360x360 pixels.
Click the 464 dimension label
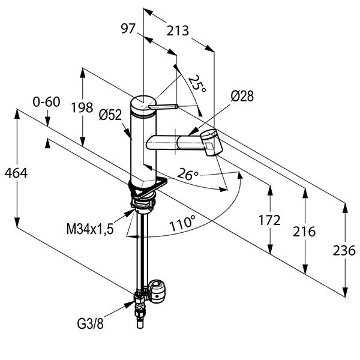pyautogui.click(x=16, y=173)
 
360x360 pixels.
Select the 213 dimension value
pyautogui.click(x=178, y=30)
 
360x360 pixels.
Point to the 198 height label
pyautogui.click(x=82, y=107)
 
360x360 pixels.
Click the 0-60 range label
pyautogui.click(x=46, y=101)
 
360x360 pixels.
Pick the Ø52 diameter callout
pyautogui.click(x=111, y=113)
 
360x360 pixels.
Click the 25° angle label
pyautogui.click(x=197, y=84)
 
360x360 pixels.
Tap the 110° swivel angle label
pyautogui.click(x=182, y=224)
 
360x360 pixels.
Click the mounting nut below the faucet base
pyautogui.click(x=143, y=206)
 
